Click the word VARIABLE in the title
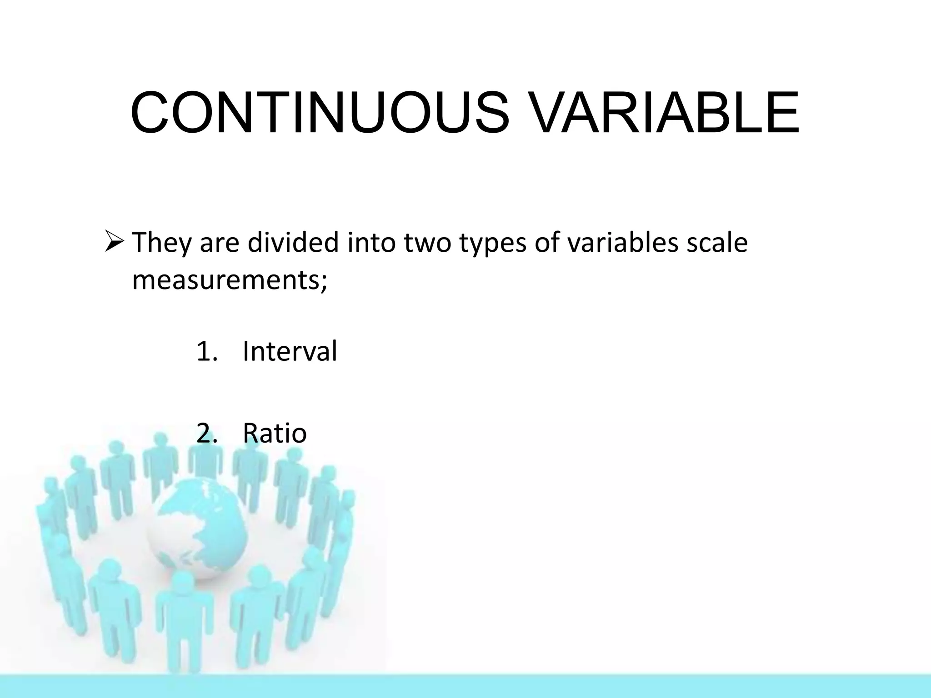tap(664, 113)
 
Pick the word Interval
tap(290, 351)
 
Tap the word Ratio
tap(275, 433)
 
